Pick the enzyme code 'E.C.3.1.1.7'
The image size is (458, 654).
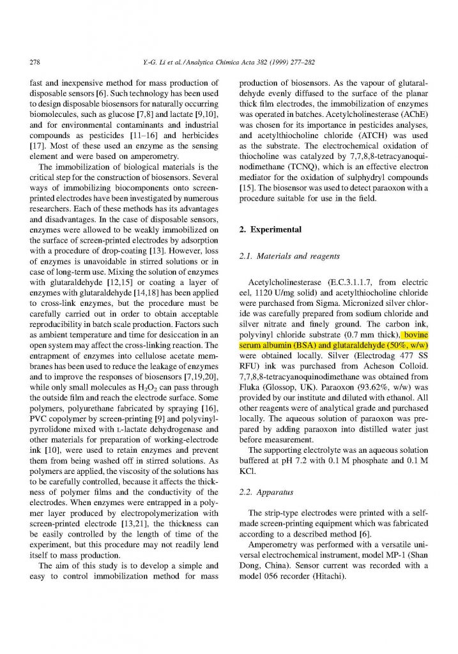[342, 281]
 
